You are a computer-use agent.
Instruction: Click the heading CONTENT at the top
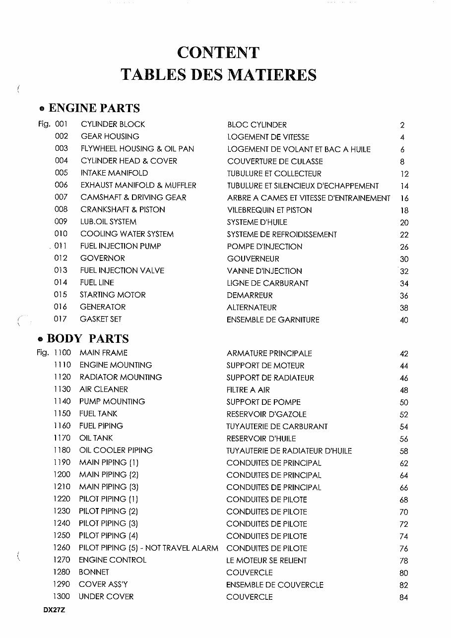click(x=218, y=53)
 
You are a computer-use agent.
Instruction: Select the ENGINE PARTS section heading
click(x=94, y=108)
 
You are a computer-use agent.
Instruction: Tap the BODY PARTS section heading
click(x=87, y=339)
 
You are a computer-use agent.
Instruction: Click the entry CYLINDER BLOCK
click(x=113, y=124)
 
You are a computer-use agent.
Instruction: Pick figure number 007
click(x=61, y=197)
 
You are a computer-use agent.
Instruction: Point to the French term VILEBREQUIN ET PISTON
click(x=269, y=210)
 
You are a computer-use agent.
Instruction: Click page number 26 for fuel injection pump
click(x=404, y=247)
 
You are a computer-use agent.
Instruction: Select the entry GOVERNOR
click(x=103, y=258)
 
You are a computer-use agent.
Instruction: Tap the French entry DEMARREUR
click(x=250, y=295)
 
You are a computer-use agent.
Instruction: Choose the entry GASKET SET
click(x=101, y=319)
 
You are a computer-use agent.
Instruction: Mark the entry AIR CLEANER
click(x=104, y=389)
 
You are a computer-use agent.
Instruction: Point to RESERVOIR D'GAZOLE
click(x=266, y=414)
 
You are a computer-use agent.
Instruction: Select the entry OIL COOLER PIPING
click(x=116, y=450)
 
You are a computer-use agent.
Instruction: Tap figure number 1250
click(x=62, y=536)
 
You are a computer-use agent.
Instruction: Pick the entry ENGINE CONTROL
click(x=113, y=560)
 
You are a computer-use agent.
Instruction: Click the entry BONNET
click(x=94, y=572)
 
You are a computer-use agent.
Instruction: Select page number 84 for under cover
click(x=403, y=597)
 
